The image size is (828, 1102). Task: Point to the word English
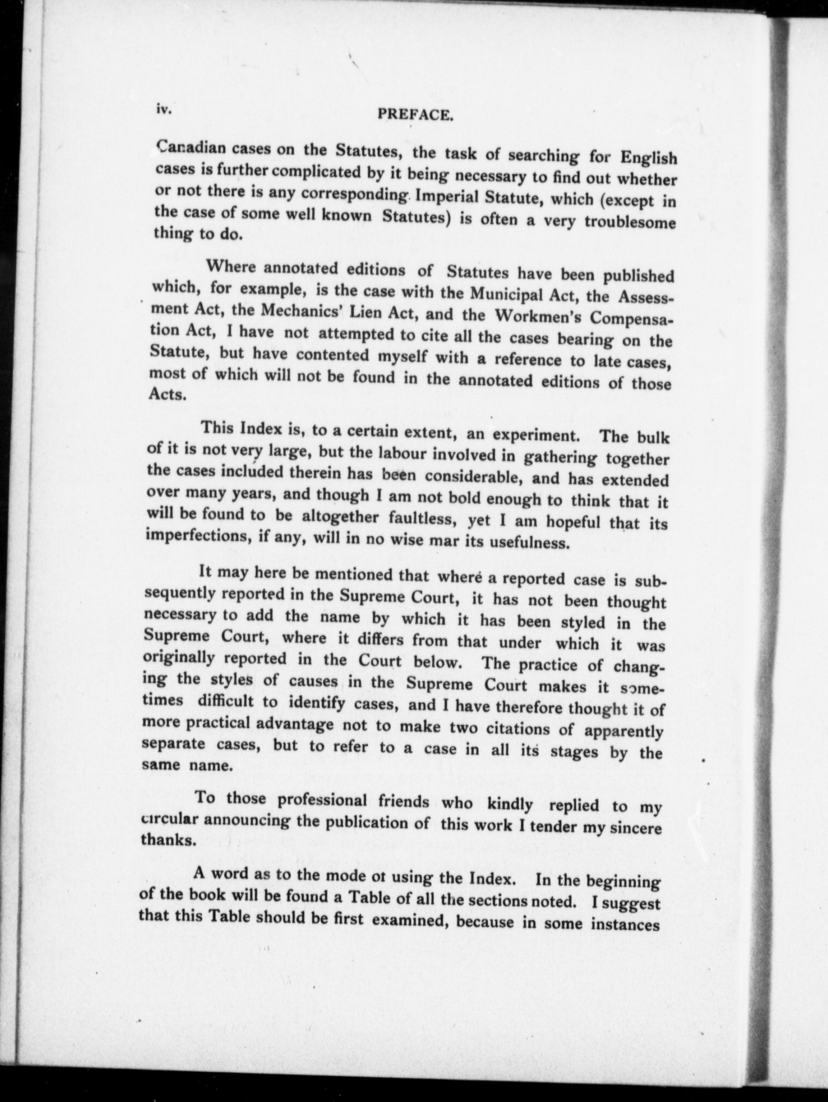649,158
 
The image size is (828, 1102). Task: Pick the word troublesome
630,223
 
